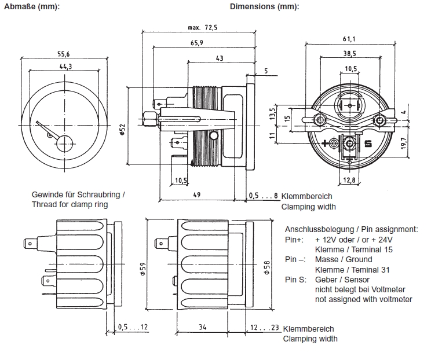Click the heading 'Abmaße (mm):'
pyautogui.click(x=31, y=7)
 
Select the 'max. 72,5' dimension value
pyautogui.click(x=202, y=28)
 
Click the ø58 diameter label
pyautogui.click(x=266, y=267)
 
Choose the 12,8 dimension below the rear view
pyautogui.click(x=350, y=181)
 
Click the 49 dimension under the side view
pyautogui.click(x=197, y=196)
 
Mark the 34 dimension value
pyautogui.click(x=202, y=327)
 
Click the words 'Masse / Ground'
pyautogui.click(x=343, y=259)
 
